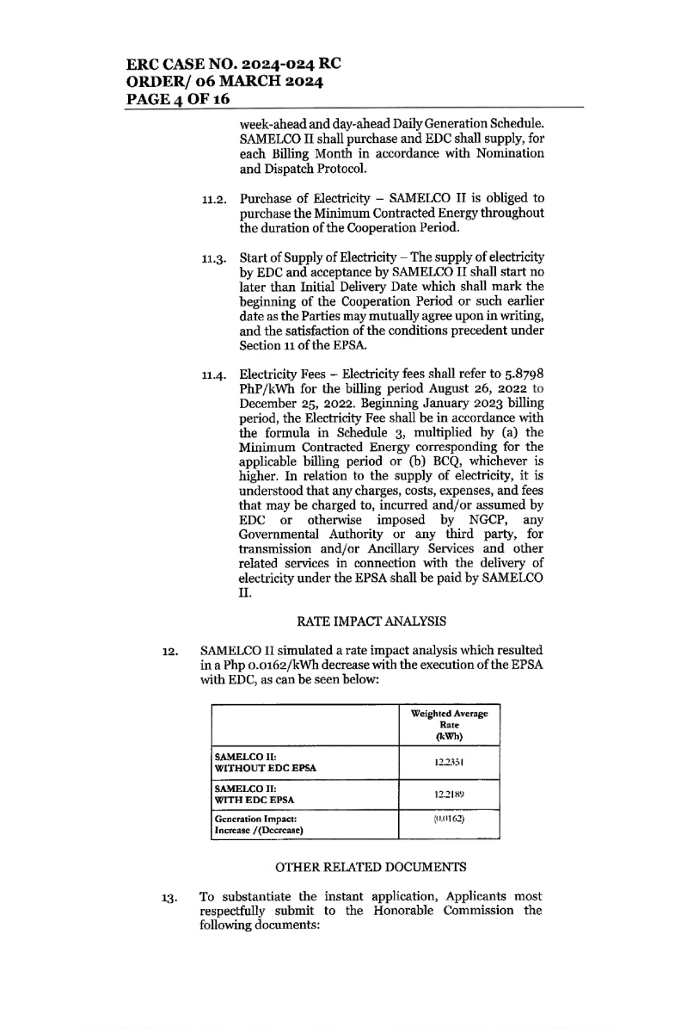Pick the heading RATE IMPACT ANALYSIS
(355, 620)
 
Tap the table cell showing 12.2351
(450, 761)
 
